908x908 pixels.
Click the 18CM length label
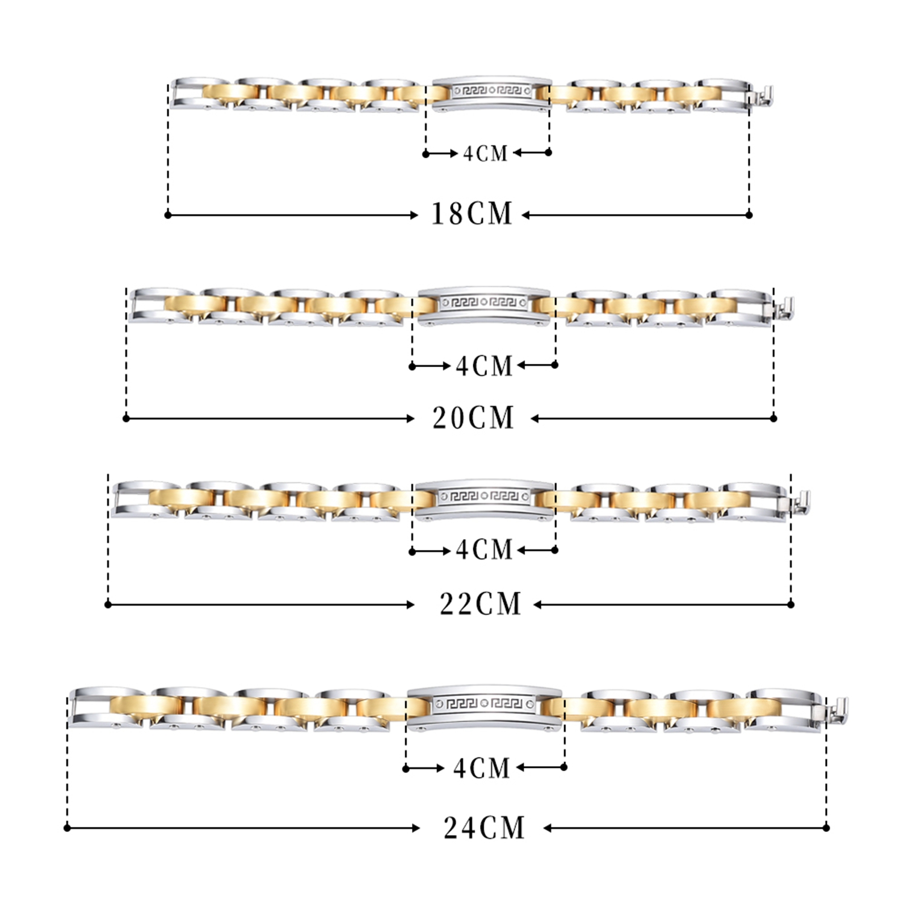tap(472, 214)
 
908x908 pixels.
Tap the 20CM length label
tap(473, 418)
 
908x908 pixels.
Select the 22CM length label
tap(480, 604)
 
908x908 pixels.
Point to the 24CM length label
tap(484, 827)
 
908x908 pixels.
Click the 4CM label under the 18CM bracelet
tap(485, 153)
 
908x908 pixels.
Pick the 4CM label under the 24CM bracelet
tap(482, 768)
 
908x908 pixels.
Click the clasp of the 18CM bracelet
tap(762, 98)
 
